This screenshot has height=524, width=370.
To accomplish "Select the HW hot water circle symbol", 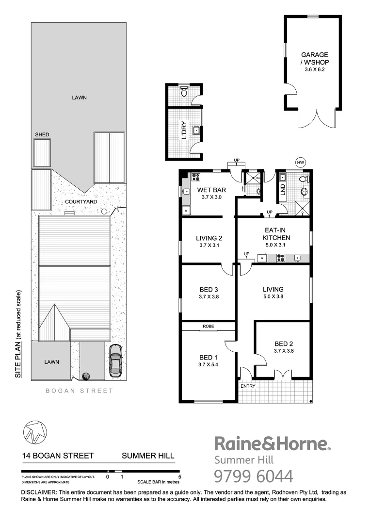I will (x=301, y=162).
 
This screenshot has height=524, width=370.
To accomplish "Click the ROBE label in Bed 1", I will (x=209, y=327).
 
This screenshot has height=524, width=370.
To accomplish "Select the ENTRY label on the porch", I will (x=247, y=386).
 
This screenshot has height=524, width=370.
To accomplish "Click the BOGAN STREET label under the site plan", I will (x=79, y=391).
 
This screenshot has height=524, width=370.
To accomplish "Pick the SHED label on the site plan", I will (x=41, y=134).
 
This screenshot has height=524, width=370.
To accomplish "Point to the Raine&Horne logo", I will (x=272, y=444).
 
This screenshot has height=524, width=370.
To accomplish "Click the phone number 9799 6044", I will (x=254, y=476).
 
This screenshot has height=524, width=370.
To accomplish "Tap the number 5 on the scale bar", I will (x=179, y=477).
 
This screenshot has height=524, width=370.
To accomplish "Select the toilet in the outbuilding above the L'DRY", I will (x=184, y=91).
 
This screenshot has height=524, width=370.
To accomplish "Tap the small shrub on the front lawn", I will (x=87, y=376).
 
